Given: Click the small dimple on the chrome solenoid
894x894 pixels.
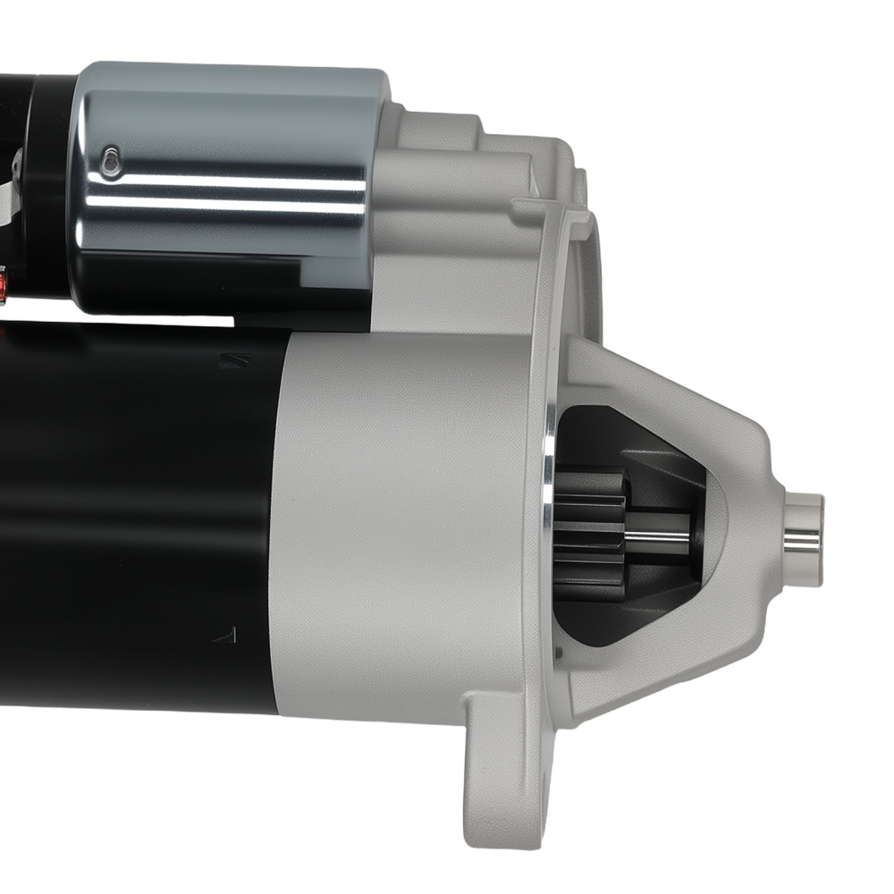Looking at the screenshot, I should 110,161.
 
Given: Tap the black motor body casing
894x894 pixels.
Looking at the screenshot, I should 134,519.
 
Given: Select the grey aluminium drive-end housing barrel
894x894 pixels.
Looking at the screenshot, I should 402,527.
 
